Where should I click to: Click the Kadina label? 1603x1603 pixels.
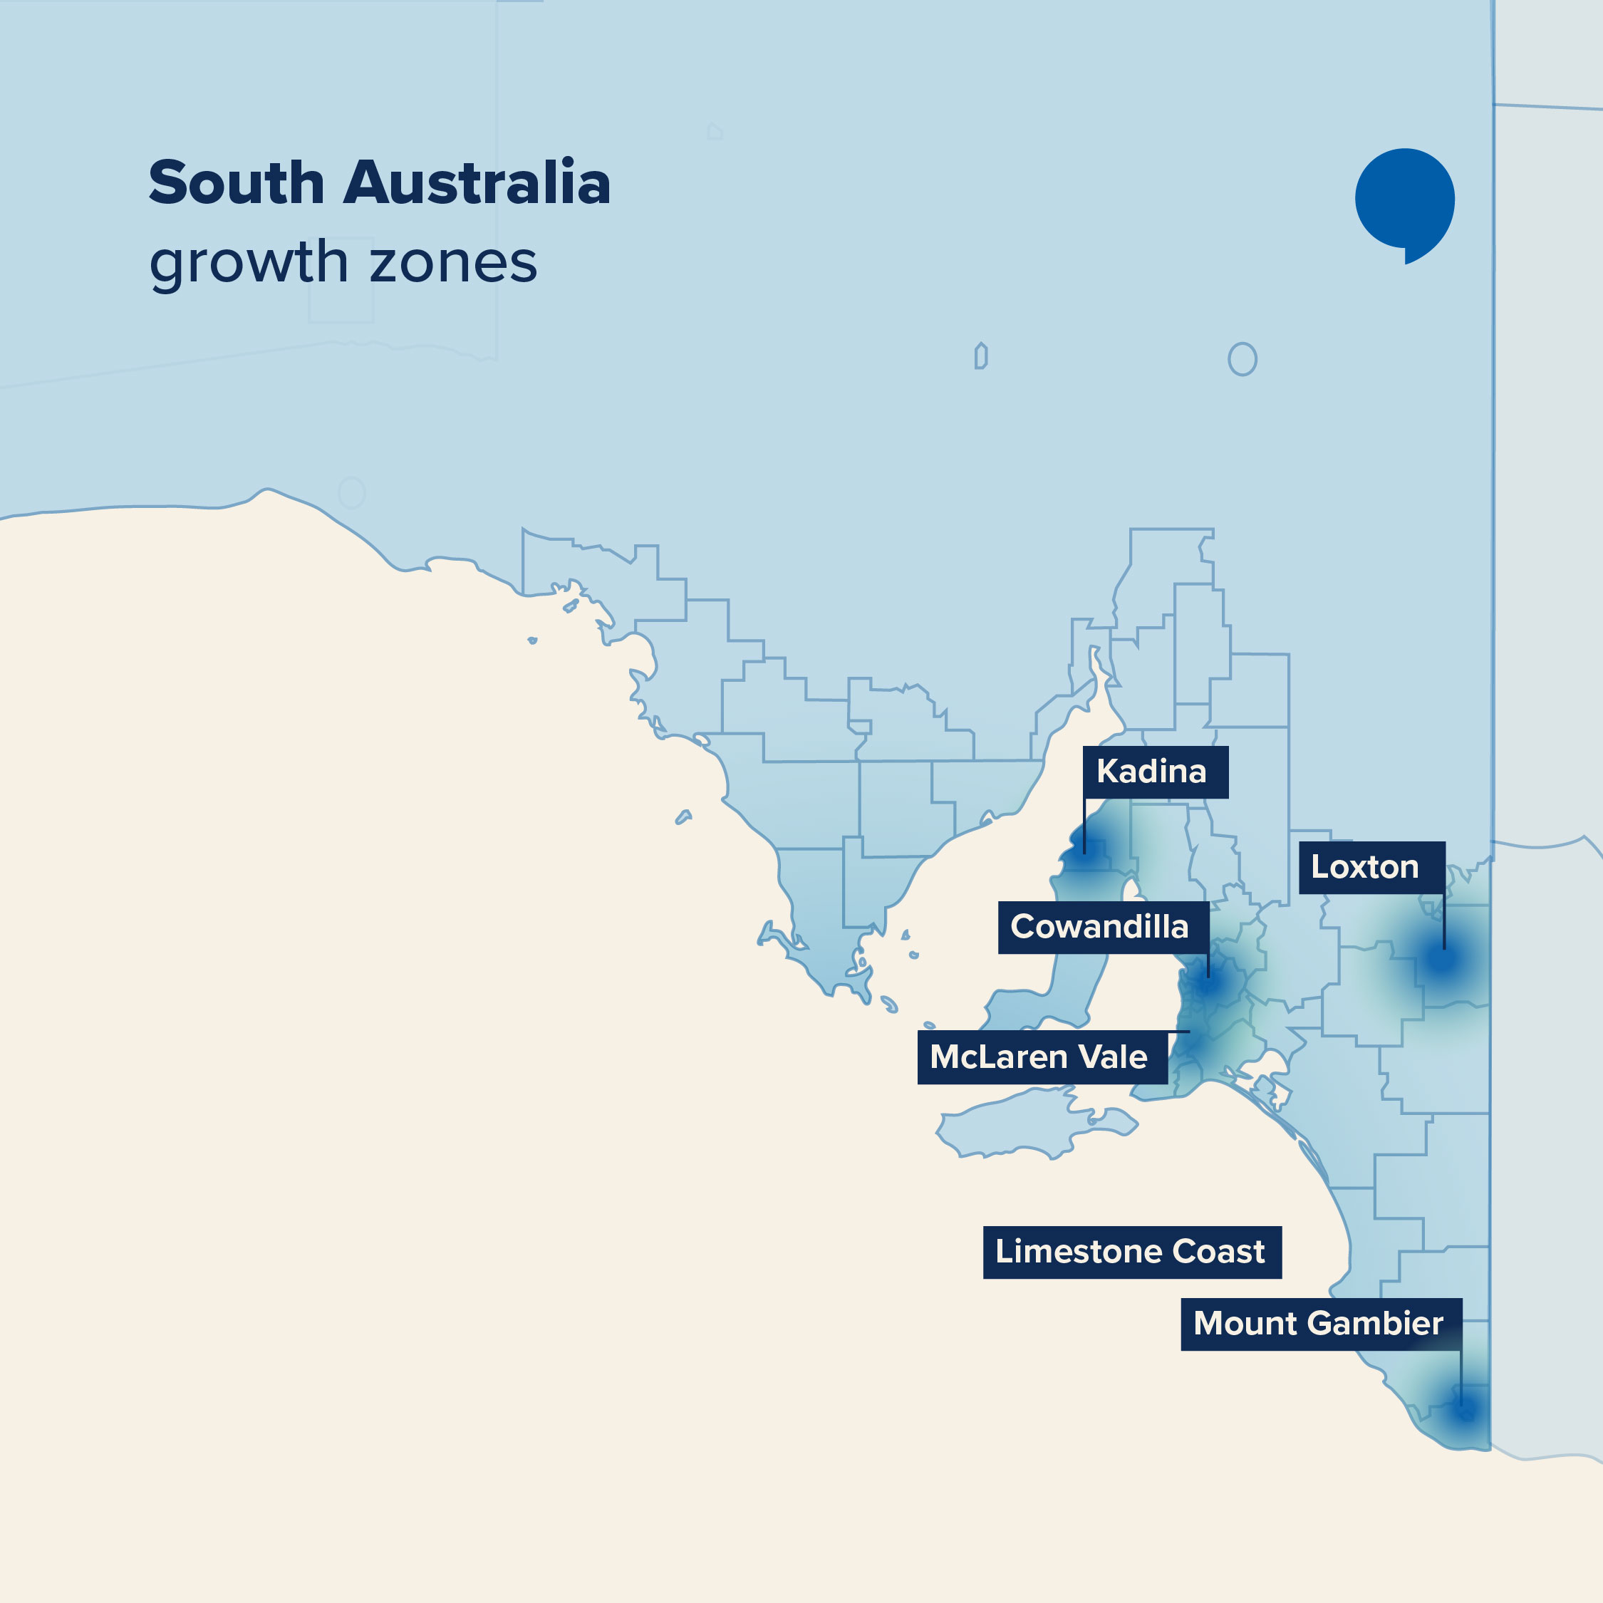pos(1155,772)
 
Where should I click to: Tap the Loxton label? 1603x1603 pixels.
pos(1371,868)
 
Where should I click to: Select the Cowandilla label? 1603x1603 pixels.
pos(1103,928)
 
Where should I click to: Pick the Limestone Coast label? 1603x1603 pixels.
pos(1132,1252)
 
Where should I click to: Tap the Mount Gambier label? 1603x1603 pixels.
pos(1321,1324)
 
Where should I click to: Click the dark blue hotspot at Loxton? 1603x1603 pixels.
pos(1443,959)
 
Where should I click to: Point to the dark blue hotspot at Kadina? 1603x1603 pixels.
pos(1084,853)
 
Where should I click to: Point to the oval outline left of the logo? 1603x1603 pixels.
pos(1242,359)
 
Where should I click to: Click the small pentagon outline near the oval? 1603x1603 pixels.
pos(981,357)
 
